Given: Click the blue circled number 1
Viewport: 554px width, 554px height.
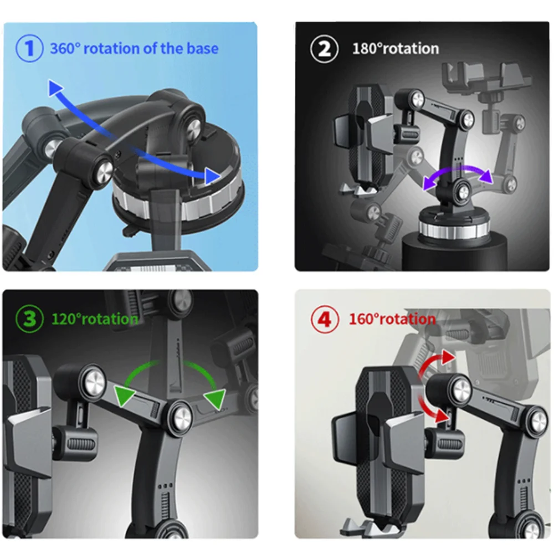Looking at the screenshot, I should (x=29, y=48).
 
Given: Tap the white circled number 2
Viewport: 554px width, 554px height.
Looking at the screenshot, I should (x=324, y=48).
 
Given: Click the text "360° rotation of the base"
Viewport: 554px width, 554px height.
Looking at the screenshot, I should (x=134, y=48).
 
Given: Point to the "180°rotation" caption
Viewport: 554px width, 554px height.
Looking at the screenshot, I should (x=396, y=49).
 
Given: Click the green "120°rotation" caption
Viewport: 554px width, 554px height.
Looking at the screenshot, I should (x=94, y=319).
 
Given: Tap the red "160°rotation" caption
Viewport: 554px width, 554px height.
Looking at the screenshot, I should (x=392, y=319).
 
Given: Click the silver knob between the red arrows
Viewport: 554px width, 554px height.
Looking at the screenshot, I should (x=459, y=391).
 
